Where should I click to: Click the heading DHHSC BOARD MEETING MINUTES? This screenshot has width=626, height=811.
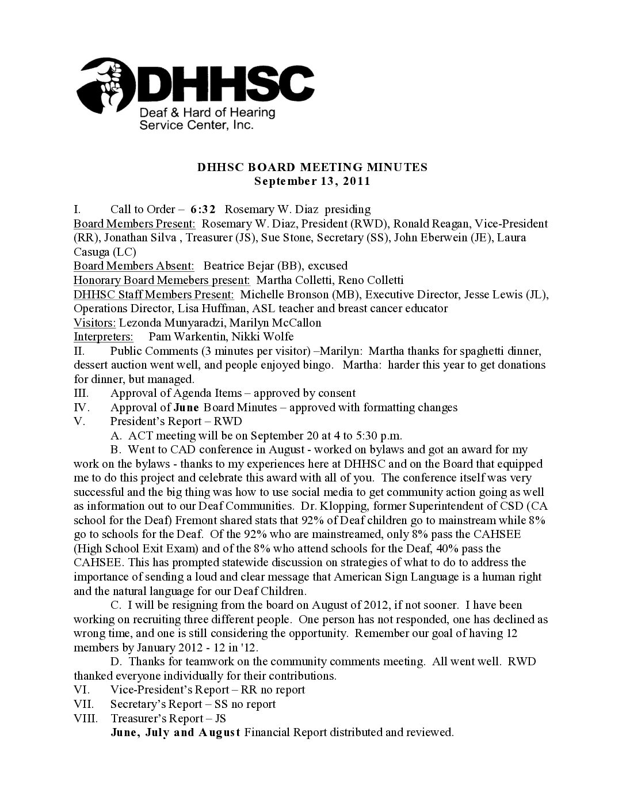click(x=312, y=167)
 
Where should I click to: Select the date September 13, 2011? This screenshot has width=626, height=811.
click(x=312, y=181)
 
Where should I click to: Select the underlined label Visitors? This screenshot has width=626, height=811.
click(x=95, y=322)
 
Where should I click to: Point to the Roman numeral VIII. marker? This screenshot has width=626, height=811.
click(x=85, y=718)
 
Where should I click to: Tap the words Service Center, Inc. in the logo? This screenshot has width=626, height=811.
click(x=197, y=124)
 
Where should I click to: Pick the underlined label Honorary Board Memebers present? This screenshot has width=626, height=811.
click(x=162, y=280)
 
